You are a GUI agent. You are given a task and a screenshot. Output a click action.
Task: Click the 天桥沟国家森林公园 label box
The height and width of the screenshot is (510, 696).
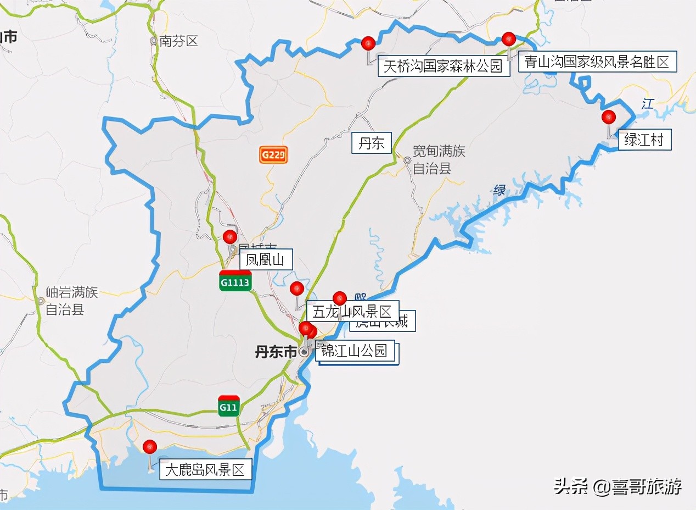tap(442, 67)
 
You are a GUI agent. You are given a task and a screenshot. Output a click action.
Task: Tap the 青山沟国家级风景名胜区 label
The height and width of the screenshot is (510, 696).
tap(597, 62)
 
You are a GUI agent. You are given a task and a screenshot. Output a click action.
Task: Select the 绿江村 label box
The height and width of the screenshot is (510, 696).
tap(644, 140)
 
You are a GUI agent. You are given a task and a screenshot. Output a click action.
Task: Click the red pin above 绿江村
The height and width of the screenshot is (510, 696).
tap(608, 118)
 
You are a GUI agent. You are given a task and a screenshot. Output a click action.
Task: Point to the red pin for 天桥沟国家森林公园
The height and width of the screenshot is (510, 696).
tap(368, 43)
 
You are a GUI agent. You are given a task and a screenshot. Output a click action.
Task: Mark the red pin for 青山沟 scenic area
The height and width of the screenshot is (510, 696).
tap(509, 39)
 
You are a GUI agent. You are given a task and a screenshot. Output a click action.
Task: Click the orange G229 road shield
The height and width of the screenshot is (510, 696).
tap(273, 155)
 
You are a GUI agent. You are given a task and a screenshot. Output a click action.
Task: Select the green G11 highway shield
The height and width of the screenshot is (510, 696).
tap(228, 407)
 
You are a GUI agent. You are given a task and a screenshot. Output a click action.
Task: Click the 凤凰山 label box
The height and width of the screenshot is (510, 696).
tap(266, 260)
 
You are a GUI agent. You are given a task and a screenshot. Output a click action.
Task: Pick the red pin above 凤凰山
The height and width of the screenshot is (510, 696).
tap(229, 237)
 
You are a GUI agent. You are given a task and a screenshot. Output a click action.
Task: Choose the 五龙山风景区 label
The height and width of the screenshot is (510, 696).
tap(352, 312)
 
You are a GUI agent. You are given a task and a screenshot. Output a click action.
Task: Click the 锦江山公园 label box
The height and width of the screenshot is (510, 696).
tap(355, 351)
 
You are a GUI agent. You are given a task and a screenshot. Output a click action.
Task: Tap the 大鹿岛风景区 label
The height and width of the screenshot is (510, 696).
tap(205, 470)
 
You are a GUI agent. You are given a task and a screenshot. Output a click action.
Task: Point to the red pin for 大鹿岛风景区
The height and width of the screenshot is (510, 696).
tap(149, 447)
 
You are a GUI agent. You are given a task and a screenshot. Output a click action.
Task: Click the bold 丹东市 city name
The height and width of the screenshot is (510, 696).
tap(276, 352)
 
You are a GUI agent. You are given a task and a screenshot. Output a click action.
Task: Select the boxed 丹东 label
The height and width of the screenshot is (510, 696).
tap(372, 144)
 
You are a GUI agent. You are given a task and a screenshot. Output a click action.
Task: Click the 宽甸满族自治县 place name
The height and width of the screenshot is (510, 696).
tap(439, 159)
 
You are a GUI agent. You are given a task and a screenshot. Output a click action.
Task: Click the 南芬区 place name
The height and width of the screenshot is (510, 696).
tap(178, 41)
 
